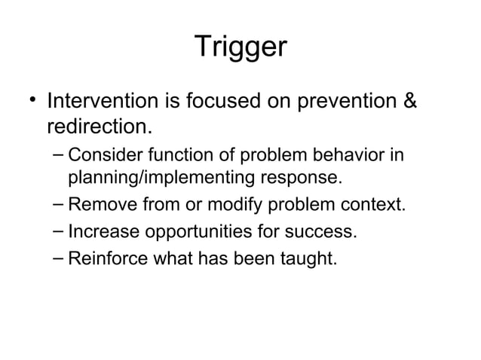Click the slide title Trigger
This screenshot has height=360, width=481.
point(240,47)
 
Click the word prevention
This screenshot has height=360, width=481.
point(344,100)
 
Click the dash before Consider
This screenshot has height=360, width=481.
point(59,156)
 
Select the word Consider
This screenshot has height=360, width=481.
point(101,157)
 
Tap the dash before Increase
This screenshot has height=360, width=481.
point(59,230)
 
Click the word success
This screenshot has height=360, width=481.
point(325,232)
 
